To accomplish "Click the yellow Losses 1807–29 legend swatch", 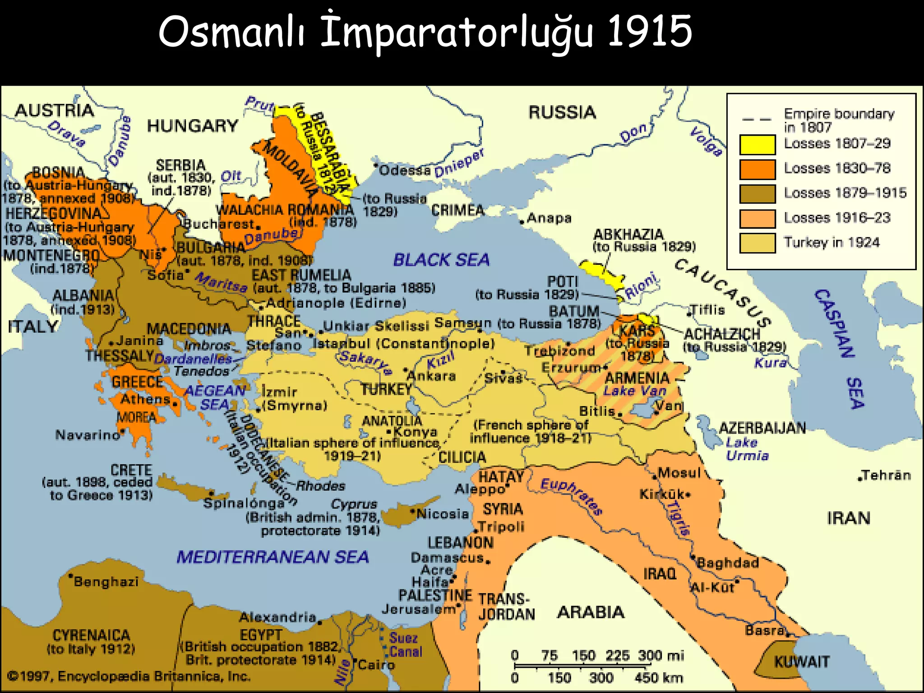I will (757, 144).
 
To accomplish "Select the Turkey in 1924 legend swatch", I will (757, 243).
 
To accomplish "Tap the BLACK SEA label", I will (441, 260).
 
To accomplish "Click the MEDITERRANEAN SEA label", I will (273, 557).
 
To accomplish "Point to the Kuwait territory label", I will (802, 662).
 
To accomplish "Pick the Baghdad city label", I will (728, 563).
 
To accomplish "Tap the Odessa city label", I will (405, 170).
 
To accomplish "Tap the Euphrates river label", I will (571, 496).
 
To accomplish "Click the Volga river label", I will (706, 141).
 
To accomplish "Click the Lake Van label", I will (634, 391).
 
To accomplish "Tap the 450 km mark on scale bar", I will (658, 678).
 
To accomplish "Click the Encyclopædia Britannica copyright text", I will (129, 676).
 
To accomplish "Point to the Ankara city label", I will (432, 376).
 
